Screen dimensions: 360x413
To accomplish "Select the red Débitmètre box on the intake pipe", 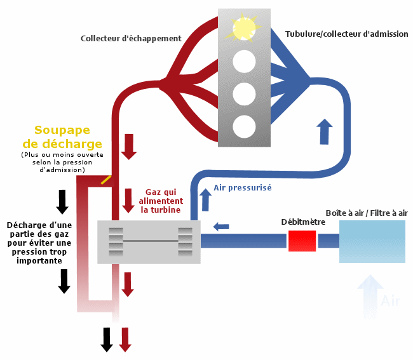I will point(302,241).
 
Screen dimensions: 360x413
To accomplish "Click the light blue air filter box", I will point(372,241).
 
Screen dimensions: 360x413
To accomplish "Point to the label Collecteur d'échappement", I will point(131,39).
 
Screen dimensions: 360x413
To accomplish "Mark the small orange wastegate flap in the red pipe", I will point(106,180).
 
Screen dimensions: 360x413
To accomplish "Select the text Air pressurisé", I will point(242,188).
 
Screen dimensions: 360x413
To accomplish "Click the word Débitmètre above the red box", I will point(303,222).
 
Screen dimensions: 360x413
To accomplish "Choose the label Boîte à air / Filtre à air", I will point(366,213).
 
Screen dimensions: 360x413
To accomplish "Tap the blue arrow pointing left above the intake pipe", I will point(221,226).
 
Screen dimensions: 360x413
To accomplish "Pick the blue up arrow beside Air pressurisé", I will point(205,200).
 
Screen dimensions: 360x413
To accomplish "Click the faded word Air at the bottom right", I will point(390,301).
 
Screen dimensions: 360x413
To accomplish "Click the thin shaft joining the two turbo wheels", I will point(150,241).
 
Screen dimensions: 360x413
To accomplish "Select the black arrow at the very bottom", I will point(107,340).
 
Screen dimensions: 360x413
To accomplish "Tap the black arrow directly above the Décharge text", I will point(62,201).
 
